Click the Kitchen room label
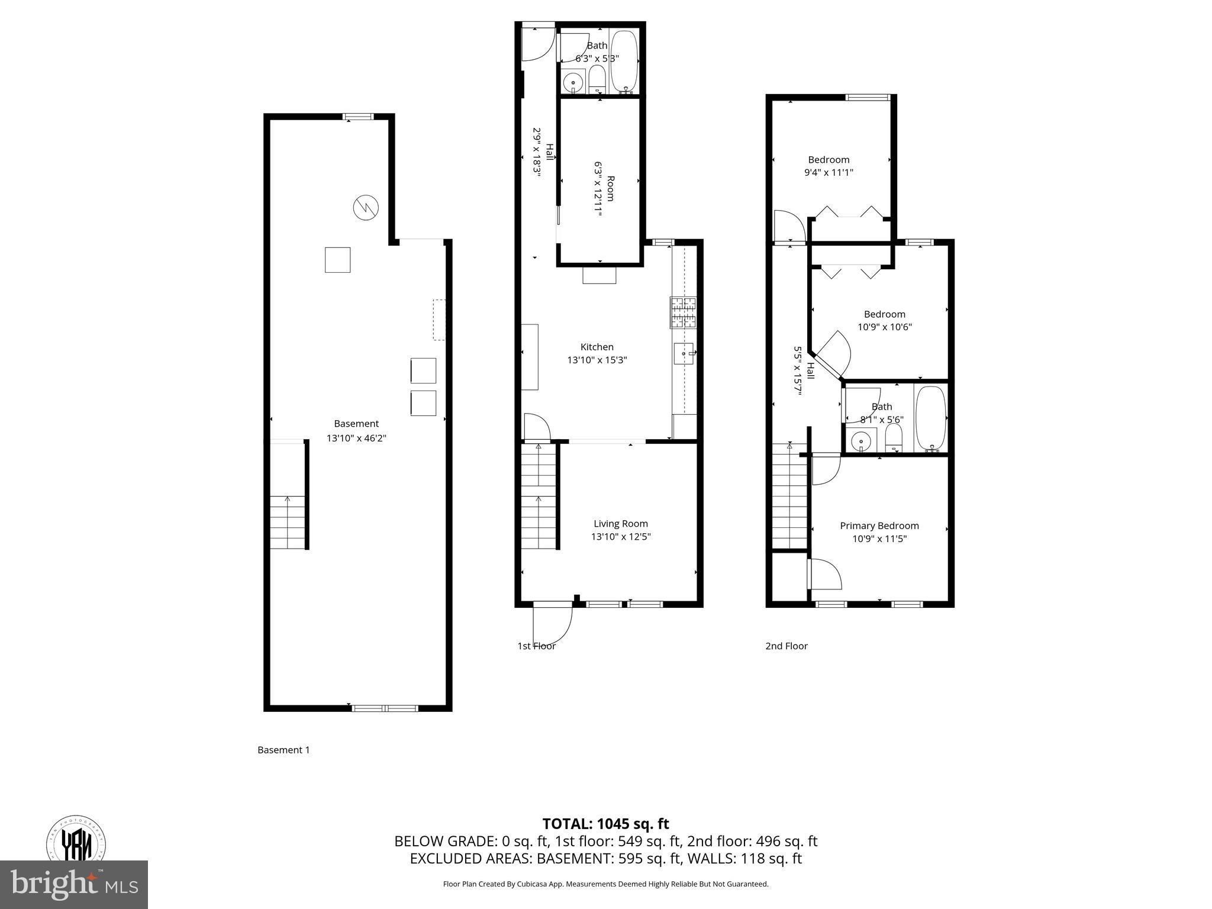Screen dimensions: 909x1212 [x=597, y=347]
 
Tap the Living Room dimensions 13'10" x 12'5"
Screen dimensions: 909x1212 [x=621, y=537]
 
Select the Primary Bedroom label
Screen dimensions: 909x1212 [x=879, y=526]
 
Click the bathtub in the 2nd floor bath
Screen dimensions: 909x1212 [x=931, y=418]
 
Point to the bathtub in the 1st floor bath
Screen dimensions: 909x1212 [x=624, y=62]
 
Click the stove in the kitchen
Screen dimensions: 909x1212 [x=684, y=312]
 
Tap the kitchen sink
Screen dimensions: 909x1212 [x=684, y=354]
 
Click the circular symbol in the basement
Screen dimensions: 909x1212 [x=366, y=208]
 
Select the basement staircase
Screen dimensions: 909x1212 [x=288, y=522]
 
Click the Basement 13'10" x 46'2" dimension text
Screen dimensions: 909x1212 [x=356, y=438]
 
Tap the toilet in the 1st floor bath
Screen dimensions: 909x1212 [x=597, y=80]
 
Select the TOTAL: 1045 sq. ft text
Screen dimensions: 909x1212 [x=605, y=824]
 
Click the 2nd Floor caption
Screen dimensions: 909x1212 [x=786, y=646]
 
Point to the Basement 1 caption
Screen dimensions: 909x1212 [x=283, y=750]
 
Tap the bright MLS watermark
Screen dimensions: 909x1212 [x=74, y=885]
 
